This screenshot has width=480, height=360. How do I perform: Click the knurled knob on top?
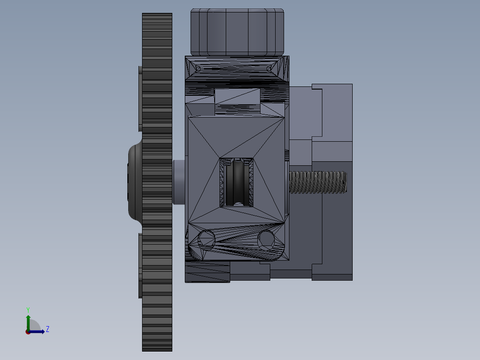pyautogui.click(x=237, y=32)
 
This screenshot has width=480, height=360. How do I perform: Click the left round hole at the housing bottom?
pyautogui.click(x=206, y=239)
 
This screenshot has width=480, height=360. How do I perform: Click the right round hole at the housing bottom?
pyautogui.click(x=266, y=239)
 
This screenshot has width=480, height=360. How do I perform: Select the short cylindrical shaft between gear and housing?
pyautogui.click(x=179, y=182)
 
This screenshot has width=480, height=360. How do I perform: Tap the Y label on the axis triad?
pyautogui.click(x=28, y=309)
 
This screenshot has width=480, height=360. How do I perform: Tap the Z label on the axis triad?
pyautogui.click(x=47, y=329)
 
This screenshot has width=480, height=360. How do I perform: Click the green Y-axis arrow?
pyautogui.click(x=28, y=321)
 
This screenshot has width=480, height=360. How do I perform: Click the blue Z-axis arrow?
pyautogui.click(x=38, y=331)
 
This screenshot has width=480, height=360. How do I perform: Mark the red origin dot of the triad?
pyautogui.click(x=28, y=332)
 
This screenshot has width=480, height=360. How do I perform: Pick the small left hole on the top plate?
pyautogui.click(x=199, y=69)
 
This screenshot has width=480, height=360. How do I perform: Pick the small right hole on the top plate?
pyautogui.click(x=268, y=69)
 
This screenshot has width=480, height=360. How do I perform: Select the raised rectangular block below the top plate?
pyautogui.click(x=237, y=97)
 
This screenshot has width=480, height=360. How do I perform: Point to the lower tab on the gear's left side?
pyautogui.click(x=140, y=266)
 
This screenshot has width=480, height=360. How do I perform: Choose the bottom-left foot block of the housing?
pyautogui.click(x=207, y=272)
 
